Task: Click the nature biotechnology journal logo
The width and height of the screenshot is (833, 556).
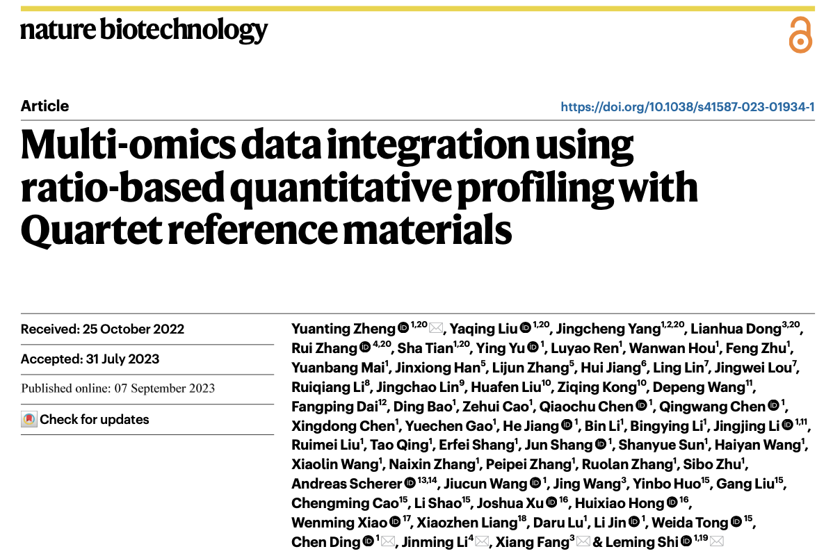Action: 144,30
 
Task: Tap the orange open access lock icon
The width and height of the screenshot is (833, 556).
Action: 800,35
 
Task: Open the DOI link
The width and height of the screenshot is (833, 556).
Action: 688,107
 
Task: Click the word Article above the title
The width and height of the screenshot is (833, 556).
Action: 45,106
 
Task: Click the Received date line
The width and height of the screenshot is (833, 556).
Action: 103,329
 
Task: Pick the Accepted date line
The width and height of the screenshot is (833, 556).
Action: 90,359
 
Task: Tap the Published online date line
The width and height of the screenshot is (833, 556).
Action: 118,389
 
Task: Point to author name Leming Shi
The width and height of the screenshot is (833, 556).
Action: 642,542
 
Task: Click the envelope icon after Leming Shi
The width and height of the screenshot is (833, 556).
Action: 717,542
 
